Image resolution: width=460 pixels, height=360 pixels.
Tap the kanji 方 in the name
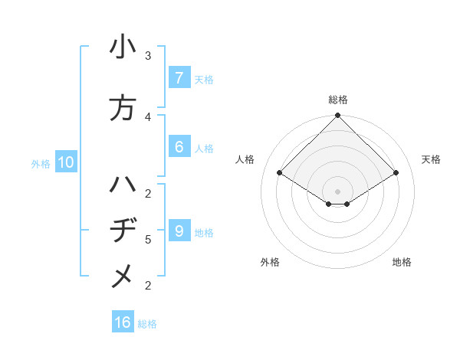(x=122, y=108)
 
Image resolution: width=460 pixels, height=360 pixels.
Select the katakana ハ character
(x=122, y=185)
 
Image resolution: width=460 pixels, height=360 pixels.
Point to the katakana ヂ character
(x=122, y=231)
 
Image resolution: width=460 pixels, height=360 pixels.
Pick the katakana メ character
(x=122, y=277)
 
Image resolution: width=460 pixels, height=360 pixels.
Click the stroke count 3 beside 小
(x=148, y=56)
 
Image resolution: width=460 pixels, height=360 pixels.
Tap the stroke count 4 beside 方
(x=148, y=116)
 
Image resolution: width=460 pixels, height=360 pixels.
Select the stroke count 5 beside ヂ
(x=148, y=240)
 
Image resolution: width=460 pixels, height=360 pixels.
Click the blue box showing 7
(x=179, y=78)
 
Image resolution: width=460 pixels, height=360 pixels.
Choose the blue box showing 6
(x=179, y=147)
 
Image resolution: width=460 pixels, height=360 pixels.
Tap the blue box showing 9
(x=179, y=231)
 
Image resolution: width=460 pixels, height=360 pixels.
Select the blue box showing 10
(x=65, y=162)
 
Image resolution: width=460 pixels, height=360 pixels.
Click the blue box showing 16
(x=123, y=322)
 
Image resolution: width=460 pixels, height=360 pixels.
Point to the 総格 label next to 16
(x=147, y=324)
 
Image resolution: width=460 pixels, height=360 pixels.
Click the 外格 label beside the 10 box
(x=41, y=163)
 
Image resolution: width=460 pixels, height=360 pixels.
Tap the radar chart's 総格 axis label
(x=337, y=100)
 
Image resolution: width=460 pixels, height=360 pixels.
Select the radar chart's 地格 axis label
(x=402, y=262)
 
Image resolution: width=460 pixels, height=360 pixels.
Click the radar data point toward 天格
(x=396, y=173)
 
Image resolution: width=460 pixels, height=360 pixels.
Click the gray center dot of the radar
(x=337, y=191)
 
